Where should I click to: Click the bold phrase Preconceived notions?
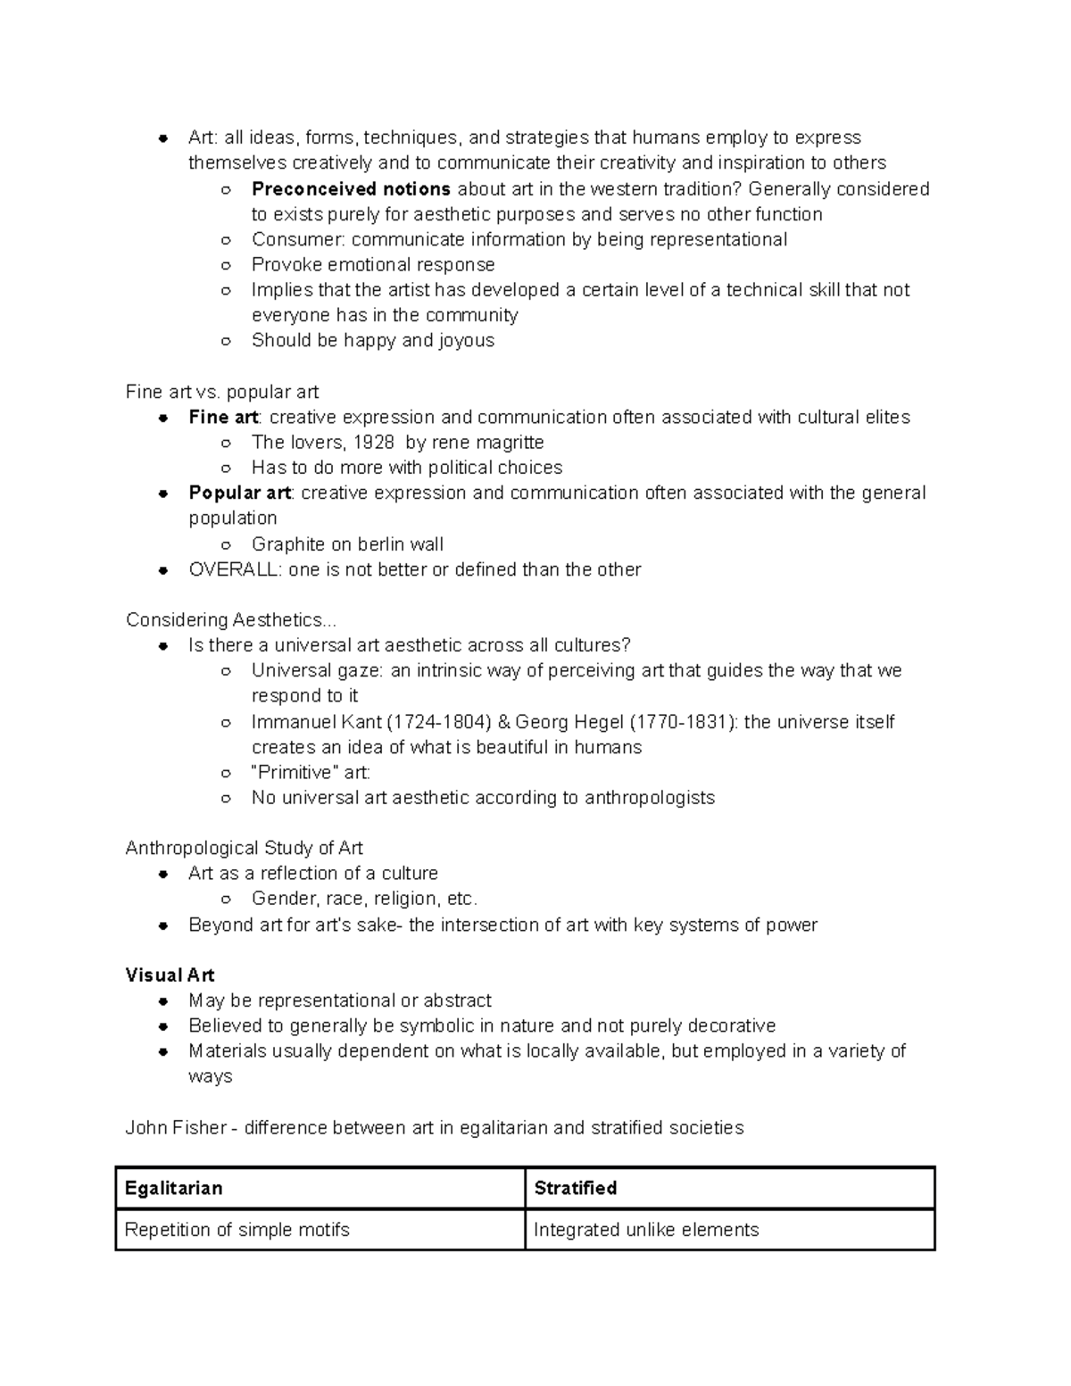(351, 189)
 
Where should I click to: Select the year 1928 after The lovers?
(374, 443)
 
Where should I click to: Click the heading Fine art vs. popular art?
(222, 392)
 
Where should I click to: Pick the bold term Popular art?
(239, 493)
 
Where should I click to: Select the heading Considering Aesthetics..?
(230, 619)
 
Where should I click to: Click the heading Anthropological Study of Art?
(244, 848)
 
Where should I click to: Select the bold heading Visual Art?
(170, 975)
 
